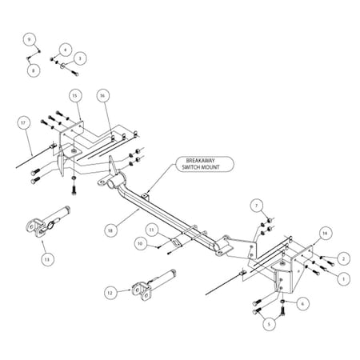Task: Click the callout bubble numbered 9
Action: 30,39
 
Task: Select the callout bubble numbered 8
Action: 34,70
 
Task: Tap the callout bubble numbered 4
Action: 65,50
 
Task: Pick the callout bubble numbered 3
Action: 80,58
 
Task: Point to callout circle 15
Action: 75,95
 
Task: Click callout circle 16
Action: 102,95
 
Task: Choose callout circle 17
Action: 23,122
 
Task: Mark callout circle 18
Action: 110,230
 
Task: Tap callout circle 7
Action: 257,206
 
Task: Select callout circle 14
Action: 325,234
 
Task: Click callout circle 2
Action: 343,258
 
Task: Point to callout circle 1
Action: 343,279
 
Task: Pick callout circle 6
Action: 302,303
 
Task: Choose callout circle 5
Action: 269,324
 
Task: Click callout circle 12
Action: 110,293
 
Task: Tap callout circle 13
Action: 47,259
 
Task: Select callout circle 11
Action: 152,230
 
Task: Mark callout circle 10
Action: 141,243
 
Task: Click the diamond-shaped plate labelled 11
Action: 176,242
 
